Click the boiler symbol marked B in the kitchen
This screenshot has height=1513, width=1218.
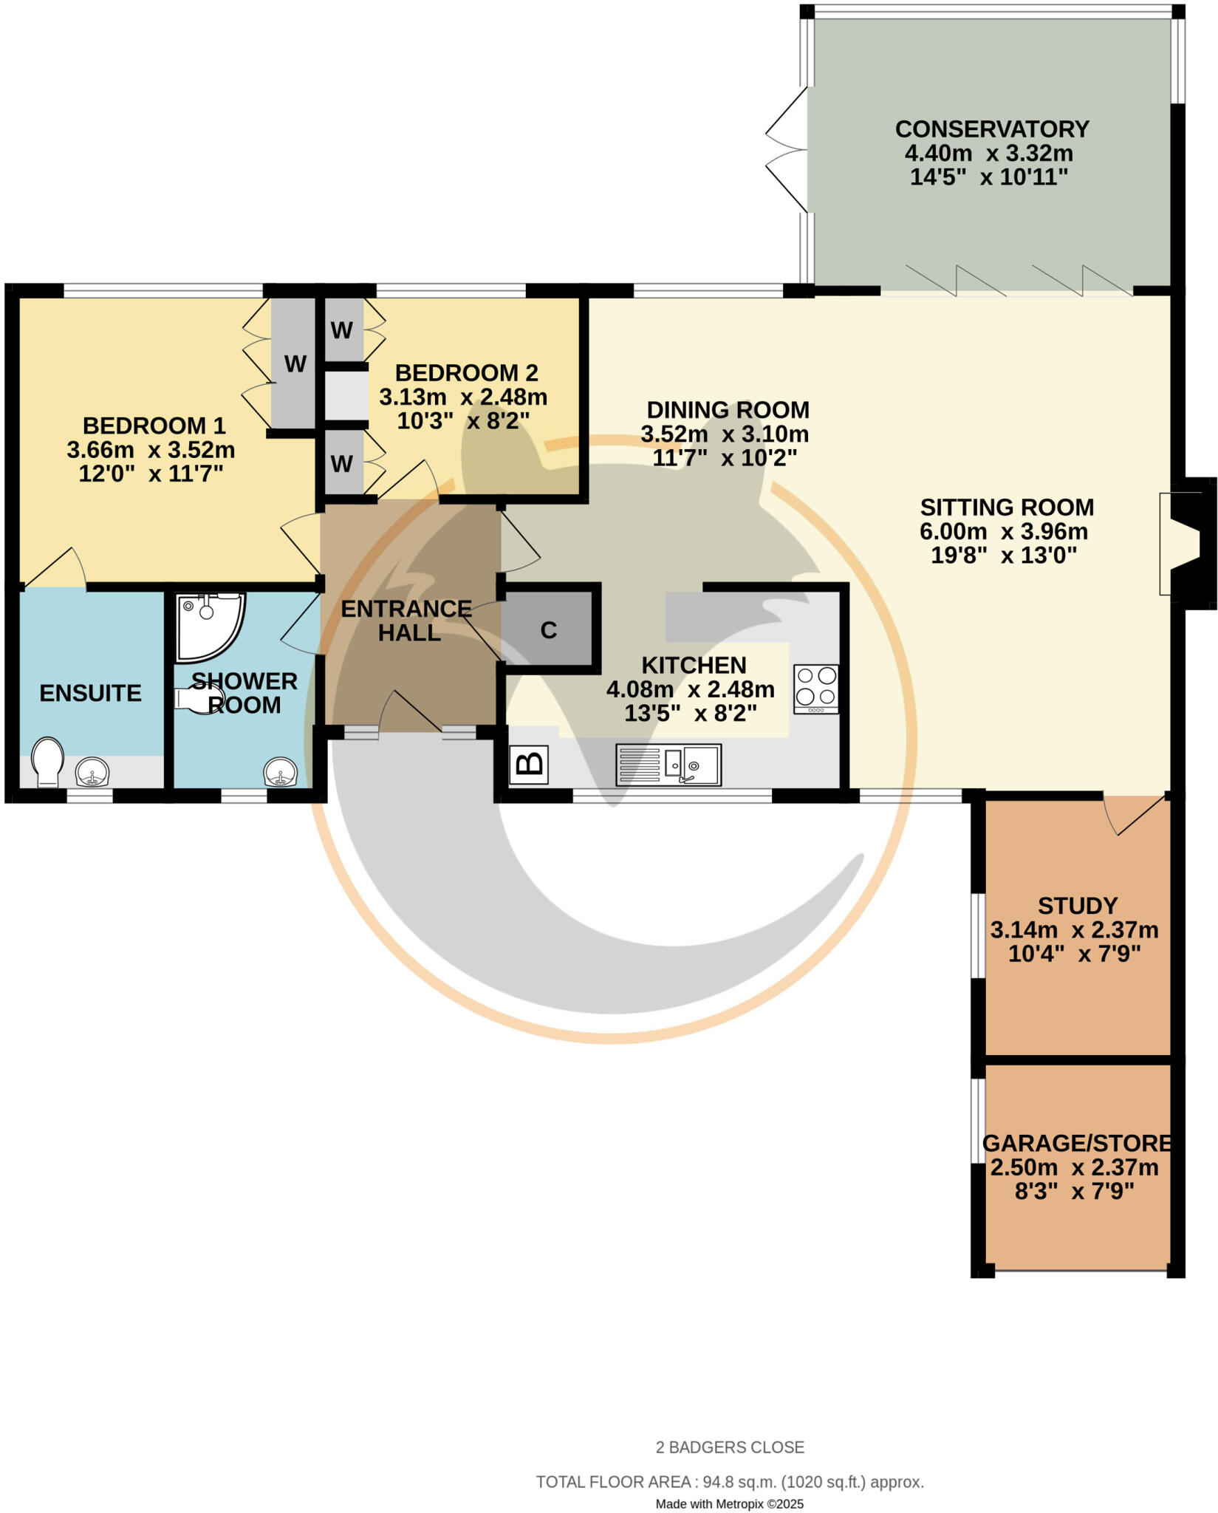tap(529, 765)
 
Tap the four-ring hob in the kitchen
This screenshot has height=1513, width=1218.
tap(816, 689)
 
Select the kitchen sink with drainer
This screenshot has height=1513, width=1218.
tap(668, 765)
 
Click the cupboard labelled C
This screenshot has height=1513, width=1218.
tap(548, 630)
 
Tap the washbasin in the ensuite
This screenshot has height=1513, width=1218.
tap(92, 773)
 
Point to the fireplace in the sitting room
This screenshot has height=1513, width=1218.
tap(1186, 544)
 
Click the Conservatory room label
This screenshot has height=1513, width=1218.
tap(991, 129)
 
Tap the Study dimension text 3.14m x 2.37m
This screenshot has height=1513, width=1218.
tap(1074, 929)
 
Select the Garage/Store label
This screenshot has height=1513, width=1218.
tap(1076, 1144)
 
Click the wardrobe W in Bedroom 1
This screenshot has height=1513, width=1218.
tap(295, 363)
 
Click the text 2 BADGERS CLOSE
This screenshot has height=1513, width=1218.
tap(730, 1447)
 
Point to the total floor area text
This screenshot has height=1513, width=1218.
tap(730, 1482)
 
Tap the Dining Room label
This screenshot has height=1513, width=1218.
tap(728, 409)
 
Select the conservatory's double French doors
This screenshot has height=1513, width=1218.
tap(787, 151)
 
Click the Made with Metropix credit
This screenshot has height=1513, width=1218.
tap(730, 1503)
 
